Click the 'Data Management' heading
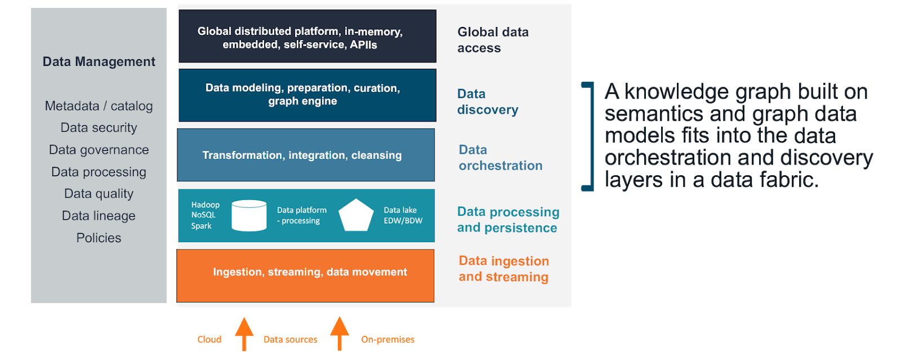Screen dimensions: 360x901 (x=99, y=61)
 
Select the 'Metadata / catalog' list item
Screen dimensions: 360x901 (x=99, y=106)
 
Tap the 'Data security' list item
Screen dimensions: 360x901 (x=99, y=128)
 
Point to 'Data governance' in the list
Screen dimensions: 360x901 (x=99, y=150)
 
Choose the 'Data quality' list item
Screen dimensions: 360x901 (x=99, y=194)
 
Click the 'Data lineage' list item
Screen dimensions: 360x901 (x=99, y=216)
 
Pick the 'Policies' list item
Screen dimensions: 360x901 (x=99, y=238)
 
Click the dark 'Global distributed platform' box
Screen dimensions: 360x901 (x=307, y=36)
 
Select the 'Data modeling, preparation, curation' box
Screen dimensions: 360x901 (x=307, y=95)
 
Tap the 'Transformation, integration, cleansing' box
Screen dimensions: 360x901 (x=306, y=155)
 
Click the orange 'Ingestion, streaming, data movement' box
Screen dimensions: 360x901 (x=306, y=275)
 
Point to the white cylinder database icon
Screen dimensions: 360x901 (x=249, y=216)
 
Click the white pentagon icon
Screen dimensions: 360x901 (x=356, y=215)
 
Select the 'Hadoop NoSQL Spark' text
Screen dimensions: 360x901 (x=205, y=215)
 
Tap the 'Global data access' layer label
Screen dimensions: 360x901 (x=493, y=40)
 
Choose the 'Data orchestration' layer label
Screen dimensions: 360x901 (x=500, y=158)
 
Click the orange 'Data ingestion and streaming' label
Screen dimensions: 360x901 (x=503, y=269)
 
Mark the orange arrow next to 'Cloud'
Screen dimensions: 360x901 (x=244, y=334)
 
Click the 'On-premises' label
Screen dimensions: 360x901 (x=387, y=339)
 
